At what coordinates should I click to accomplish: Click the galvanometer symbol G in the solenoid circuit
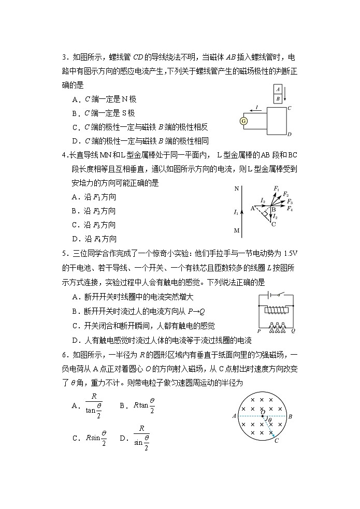click(x=244, y=121)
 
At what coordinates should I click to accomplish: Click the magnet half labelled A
click(x=278, y=89)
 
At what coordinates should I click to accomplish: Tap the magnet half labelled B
click(x=278, y=98)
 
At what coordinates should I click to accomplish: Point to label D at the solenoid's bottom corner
click(x=290, y=135)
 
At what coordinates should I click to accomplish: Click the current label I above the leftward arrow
click(x=257, y=107)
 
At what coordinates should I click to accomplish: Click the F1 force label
click(x=277, y=189)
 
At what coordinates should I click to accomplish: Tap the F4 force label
click(x=290, y=208)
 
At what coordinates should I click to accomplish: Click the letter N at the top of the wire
click(x=237, y=189)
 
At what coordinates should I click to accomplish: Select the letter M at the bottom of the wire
click(x=237, y=230)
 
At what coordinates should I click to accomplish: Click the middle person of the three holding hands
click(x=277, y=327)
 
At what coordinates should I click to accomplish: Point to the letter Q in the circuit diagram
click(x=293, y=330)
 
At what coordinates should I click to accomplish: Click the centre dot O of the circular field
click(x=263, y=416)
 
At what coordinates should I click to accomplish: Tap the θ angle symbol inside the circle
click(x=270, y=420)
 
